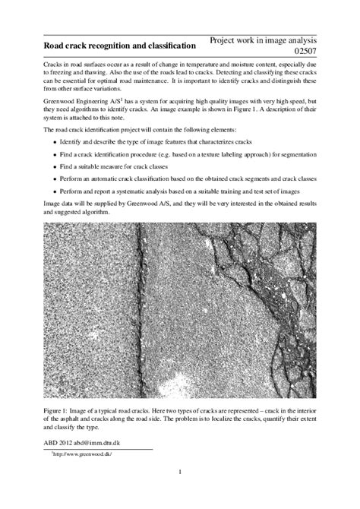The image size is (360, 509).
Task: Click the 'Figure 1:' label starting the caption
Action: tap(58, 410)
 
